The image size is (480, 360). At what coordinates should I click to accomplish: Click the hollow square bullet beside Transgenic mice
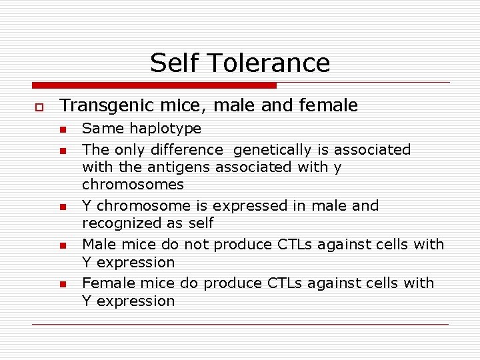pyautogui.click(x=39, y=107)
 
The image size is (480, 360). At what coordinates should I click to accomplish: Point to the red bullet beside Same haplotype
pyautogui.click(x=63, y=129)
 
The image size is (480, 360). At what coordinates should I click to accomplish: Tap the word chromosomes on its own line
pyautogui.click(x=133, y=184)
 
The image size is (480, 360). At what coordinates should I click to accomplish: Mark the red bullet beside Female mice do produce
pyautogui.click(x=63, y=285)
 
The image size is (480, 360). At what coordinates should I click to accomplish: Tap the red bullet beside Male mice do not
pyautogui.click(x=63, y=246)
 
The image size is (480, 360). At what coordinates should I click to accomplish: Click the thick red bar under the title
pyautogui.click(x=154, y=85)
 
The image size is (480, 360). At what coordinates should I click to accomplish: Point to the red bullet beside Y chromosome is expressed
pyautogui.click(x=63, y=207)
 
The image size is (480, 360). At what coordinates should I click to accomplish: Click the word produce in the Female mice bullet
pyautogui.click(x=233, y=283)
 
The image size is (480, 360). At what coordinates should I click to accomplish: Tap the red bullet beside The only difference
pyautogui.click(x=63, y=151)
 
